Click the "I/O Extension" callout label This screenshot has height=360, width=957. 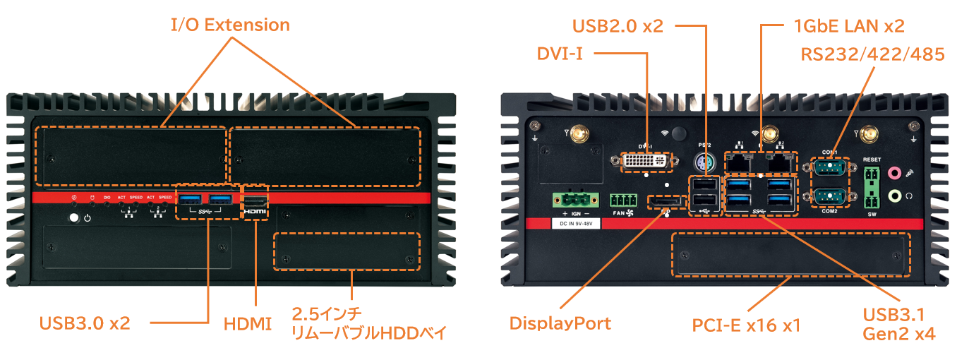[230, 25]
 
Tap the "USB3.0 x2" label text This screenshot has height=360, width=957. [85, 323]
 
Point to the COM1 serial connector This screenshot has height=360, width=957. [829, 168]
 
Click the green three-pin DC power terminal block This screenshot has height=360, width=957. [572, 199]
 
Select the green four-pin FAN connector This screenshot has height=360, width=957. [622, 200]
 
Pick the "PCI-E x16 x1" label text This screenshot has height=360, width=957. [746, 325]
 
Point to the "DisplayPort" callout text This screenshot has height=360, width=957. [560, 323]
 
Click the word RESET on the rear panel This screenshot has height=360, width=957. [872, 160]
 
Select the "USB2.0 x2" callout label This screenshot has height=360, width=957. [618, 26]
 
